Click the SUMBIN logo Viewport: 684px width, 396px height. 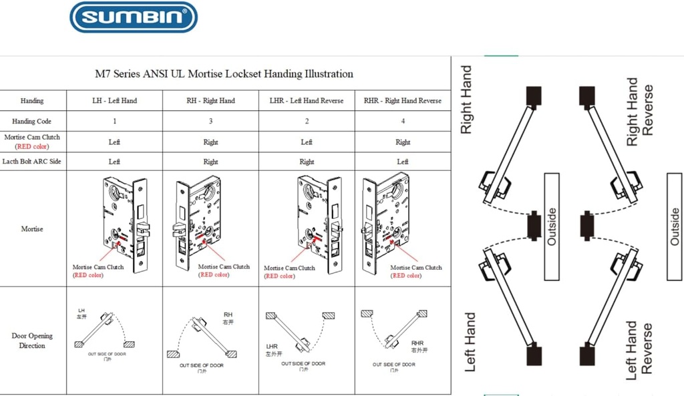tap(134, 17)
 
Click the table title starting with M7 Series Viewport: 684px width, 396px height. tap(224, 73)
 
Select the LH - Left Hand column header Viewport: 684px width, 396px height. tap(114, 101)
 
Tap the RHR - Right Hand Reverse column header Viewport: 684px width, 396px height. tap(402, 101)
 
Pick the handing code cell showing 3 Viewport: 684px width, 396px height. tap(210, 122)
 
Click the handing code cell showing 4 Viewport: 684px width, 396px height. tap(402, 122)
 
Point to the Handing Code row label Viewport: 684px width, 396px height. tap(32, 122)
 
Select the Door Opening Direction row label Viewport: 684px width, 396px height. tap(32, 341)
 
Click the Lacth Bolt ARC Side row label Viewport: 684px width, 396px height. tap(32, 162)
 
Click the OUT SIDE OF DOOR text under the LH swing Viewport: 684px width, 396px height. tap(107, 354)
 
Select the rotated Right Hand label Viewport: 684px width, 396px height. tap(467, 100)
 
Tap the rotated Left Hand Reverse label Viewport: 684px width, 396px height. tap(639, 351)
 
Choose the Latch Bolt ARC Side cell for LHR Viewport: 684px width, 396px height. tap(307, 162)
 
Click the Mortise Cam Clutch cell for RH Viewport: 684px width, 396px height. tap(210, 142)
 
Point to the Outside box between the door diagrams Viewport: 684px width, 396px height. tap(551, 226)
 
